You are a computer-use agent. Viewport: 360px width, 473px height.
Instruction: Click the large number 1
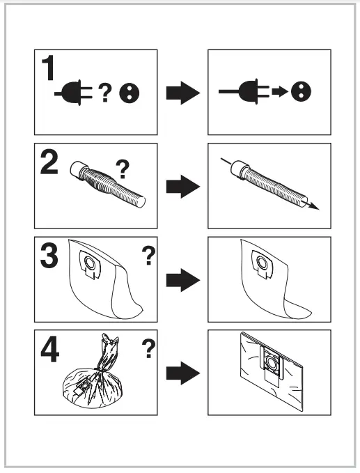coord(48,68)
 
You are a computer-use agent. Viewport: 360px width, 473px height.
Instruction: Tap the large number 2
coord(49,163)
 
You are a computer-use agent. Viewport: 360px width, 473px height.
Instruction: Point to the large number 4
coord(49,350)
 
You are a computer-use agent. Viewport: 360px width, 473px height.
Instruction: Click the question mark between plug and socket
coord(105,93)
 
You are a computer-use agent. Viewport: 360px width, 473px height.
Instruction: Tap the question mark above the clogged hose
coord(123,169)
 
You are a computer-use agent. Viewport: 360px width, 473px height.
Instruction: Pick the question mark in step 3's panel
coord(148,256)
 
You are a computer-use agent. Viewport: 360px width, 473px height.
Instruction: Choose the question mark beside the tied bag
coord(148,349)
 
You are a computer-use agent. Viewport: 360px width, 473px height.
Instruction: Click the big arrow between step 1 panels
coord(183,93)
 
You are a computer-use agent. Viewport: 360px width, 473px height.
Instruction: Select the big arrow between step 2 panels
coord(183,187)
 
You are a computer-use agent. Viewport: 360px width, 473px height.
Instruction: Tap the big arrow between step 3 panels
coord(183,280)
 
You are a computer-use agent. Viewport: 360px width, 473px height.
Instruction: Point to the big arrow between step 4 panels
coord(183,373)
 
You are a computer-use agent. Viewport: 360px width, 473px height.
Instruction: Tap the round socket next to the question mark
coord(130,93)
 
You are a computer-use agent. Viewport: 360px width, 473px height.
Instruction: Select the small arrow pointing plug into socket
coord(280,91)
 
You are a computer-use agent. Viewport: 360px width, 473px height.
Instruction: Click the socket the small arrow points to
coord(302,91)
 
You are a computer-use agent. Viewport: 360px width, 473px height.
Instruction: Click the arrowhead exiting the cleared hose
coord(315,206)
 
